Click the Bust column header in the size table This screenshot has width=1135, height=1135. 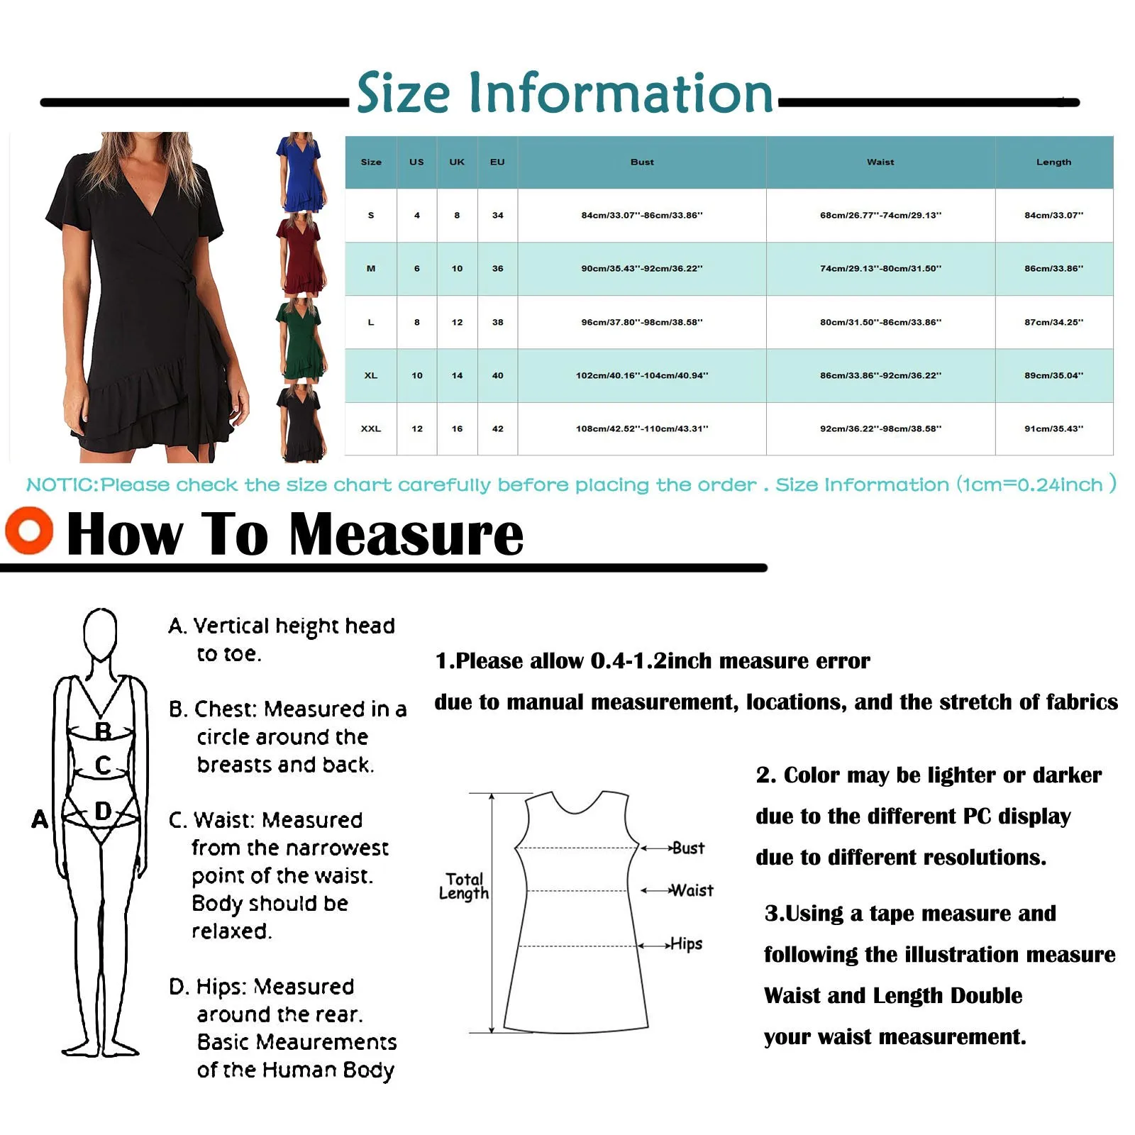[x=642, y=162]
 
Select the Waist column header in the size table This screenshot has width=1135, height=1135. [x=880, y=162]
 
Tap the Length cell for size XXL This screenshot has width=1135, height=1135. [x=1053, y=428]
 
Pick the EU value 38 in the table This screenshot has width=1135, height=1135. [x=497, y=322]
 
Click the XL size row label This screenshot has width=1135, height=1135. [x=370, y=375]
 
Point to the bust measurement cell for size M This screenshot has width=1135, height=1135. [x=642, y=269]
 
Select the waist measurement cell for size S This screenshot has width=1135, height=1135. [x=880, y=215]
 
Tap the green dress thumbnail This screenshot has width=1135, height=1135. [x=301, y=339]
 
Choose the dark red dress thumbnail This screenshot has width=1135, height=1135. [x=301, y=255]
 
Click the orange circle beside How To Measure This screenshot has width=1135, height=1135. [x=29, y=530]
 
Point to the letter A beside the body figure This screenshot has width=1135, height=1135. [x=40, y=819]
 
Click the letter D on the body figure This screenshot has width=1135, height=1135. [x=103, y=811]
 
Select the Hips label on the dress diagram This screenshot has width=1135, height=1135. [x=686, y=944]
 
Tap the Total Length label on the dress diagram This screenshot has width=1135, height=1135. [x=464, y=886]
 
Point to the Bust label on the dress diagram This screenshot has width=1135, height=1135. [x=687, y=848]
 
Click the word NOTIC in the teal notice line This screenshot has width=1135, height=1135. [x=62, y=485]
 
